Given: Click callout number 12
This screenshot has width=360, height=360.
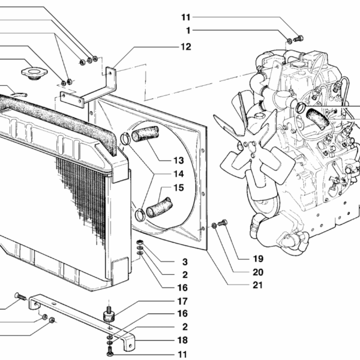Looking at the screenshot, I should [185, 46].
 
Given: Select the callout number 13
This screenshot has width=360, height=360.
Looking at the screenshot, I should [178, 160].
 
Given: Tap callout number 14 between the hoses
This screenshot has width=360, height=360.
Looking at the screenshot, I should [178, 174].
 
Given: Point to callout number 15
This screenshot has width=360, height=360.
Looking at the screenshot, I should [178, 188].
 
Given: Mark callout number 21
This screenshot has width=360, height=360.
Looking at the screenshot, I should [258, 285].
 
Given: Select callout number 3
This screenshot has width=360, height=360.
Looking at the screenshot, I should [185, 262].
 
